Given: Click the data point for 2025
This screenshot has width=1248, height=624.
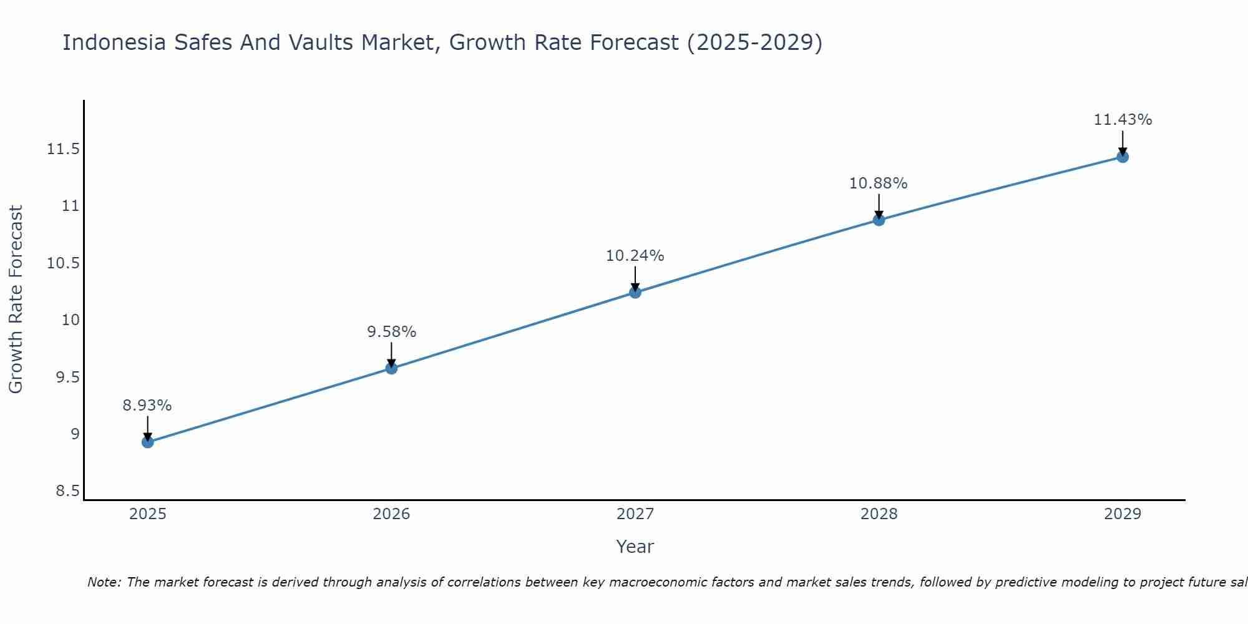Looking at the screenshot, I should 147,442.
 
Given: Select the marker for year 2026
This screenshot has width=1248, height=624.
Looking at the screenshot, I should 391,368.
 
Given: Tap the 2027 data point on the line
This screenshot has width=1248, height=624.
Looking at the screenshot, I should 635,292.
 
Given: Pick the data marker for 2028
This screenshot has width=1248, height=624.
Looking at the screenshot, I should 879,220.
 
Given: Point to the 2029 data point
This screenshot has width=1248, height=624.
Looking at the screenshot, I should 1123,157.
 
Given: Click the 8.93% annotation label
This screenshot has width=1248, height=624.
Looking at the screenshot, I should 147,406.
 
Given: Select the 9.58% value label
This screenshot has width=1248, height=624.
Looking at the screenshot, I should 391,332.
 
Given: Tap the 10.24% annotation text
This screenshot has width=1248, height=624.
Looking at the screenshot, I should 635,256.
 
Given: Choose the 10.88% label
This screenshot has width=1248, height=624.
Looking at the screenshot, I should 878,183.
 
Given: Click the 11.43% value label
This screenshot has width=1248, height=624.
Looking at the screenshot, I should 1123,120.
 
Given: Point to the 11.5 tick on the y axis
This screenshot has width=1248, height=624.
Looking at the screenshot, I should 63,149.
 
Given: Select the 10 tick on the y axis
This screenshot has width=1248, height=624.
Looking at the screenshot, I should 71,320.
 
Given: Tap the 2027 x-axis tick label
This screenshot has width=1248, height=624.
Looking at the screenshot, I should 635,514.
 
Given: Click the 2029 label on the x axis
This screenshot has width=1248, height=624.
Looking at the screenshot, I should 1123,514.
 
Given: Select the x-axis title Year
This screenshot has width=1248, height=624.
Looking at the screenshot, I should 635,547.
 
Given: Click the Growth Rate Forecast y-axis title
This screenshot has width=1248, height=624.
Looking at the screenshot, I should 16,300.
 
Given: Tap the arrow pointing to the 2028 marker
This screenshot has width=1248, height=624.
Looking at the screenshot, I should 879,206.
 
